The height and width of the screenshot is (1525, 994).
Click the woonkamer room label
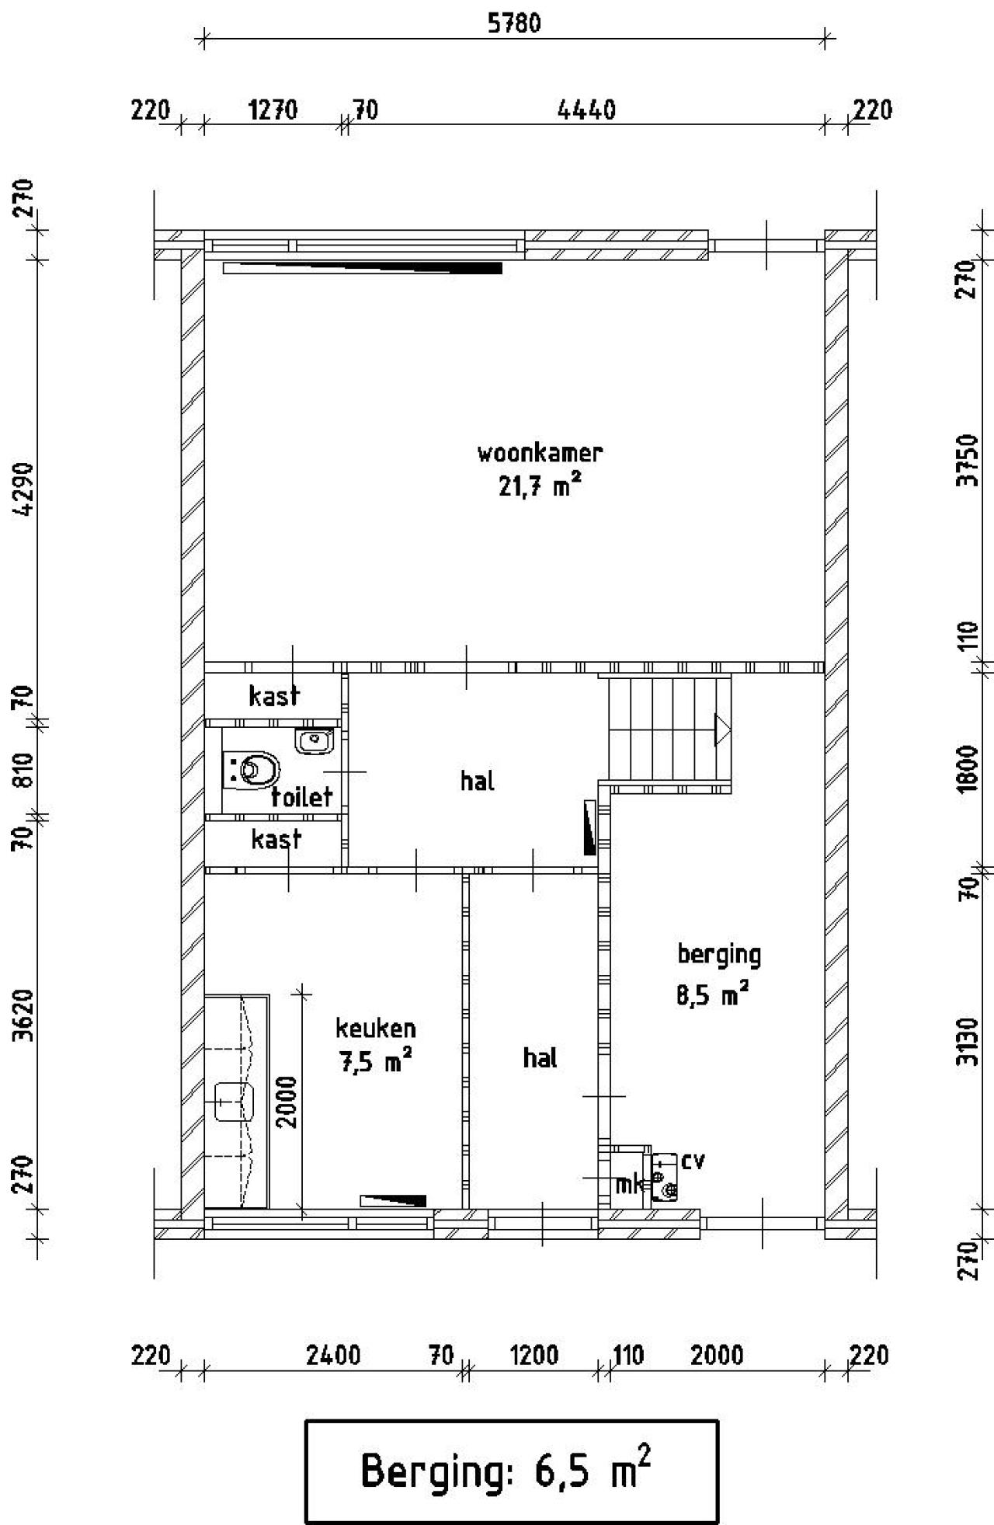tap(540, 452)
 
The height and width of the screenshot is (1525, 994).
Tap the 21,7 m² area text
tap(540, 487)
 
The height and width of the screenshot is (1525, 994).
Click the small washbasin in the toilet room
tap(315, 740)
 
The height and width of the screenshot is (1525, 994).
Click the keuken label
tap(376, 1029)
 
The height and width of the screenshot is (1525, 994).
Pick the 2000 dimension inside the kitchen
tap(287, 1101)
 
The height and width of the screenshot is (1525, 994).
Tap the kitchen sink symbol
tap(235, 1101)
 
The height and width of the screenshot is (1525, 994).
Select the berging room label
tap(719, 954)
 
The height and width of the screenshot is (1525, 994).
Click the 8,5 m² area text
tap(713, 995)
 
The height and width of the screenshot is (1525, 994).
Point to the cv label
tap(693, 1161)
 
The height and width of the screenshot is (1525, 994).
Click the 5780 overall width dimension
tap(514, 23)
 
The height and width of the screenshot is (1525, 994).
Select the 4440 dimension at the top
tap(587, 110)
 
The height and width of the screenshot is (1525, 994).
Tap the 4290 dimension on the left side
tap(25, 489)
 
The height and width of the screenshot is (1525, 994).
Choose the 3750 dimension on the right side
tap(968, 460)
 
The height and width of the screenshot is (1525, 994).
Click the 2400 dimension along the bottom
tap(333, 1356)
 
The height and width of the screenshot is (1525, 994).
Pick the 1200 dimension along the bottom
tap(534, 1356)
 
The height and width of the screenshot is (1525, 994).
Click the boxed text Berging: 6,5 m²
tap(511, 1471)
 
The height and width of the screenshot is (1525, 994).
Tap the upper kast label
tap(274, 695)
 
